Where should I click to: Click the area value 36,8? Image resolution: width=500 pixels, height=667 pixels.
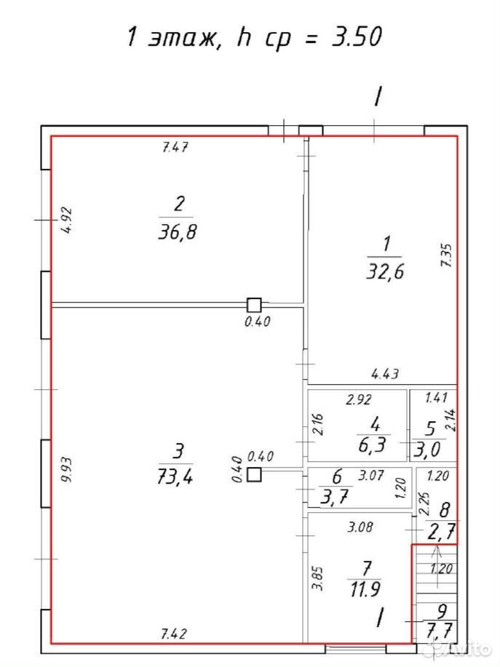tap(178, 232)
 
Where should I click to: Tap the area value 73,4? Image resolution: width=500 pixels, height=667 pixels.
tap(175, 477)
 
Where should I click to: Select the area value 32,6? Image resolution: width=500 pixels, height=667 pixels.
tap(385, 271)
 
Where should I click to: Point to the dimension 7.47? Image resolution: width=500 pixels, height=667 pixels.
tap(175, 148)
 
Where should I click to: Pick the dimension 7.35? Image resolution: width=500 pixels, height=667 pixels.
tap(447, 255)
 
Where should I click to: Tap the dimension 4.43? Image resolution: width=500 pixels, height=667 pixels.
tap(385, 374)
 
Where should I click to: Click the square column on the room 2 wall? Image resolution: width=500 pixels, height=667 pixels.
tap(255, 305)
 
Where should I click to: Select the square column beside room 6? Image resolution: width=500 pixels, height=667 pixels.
tap(255, 474)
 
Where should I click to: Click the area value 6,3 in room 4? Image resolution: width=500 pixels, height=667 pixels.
tap(373, 444)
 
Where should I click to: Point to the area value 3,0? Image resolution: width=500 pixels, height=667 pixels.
tap(426, 450)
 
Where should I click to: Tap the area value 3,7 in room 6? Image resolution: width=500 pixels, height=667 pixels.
tap(335, 496)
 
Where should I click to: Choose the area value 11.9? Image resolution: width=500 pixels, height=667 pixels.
tap(365, 590)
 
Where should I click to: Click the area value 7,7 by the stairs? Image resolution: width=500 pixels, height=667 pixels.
tap(440, 630)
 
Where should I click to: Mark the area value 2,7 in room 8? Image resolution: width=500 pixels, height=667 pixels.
tap(441, 532)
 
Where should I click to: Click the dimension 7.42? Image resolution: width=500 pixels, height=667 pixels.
tap(175, 634)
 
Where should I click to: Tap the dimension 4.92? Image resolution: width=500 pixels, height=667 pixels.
tap(66, 220)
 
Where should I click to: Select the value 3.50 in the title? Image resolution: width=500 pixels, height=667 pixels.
tap(357, 36)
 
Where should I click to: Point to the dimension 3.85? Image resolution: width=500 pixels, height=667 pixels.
tap(318, 578)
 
